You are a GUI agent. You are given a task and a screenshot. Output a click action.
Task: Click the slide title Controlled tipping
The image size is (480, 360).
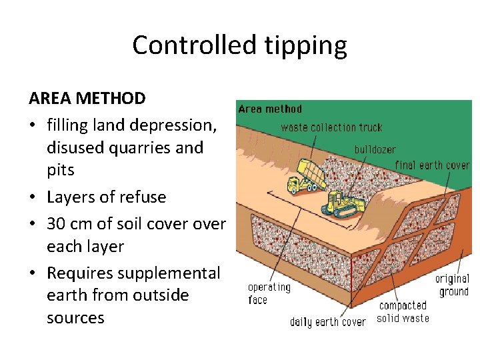click(x=239, y=45)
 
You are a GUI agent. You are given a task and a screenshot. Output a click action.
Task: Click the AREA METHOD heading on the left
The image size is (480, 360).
click(x=87, y=99)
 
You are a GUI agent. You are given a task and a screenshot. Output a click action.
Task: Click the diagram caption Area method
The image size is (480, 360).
click(x=270, y=109)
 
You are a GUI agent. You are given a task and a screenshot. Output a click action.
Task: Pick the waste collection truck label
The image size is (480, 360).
click(x=331, y=127)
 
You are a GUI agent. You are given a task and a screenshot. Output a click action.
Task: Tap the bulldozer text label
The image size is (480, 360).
click(x=375, y=150)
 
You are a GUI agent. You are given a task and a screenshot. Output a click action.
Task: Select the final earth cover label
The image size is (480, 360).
click(x=432, y=165)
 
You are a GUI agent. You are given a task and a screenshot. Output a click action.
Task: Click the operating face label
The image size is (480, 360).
click(x=269, y=293)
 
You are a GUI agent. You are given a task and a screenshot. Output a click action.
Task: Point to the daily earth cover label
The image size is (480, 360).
click(x=327, y=322)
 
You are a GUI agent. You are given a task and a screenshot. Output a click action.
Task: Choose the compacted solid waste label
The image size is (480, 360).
click(x=403, y=311)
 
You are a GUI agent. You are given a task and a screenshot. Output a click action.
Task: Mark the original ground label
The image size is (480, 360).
click(x=452, y=285)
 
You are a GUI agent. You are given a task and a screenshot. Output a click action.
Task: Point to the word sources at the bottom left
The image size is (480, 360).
click(x=75, y=317)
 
